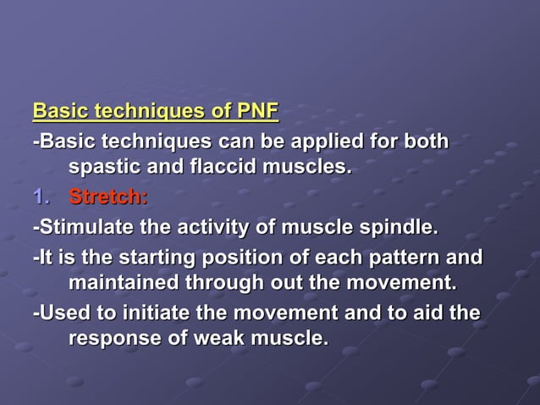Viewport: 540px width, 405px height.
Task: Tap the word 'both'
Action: (427, 140)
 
